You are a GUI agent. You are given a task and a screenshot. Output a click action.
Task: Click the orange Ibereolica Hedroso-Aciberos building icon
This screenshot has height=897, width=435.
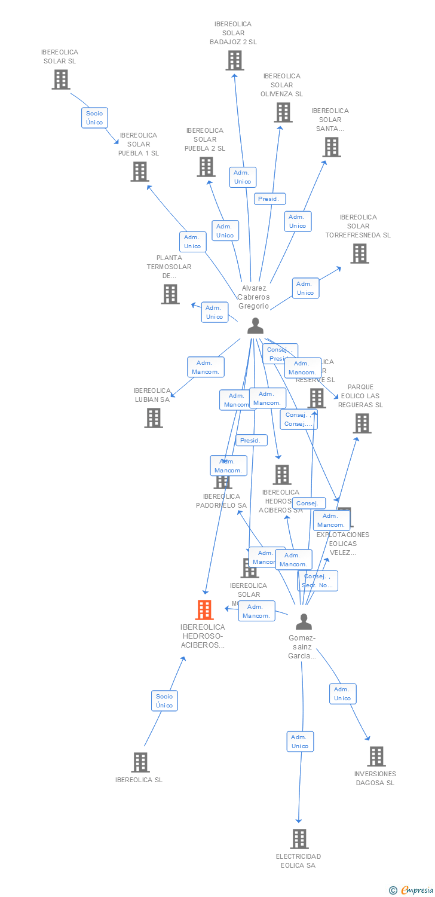click(x=204, y=610)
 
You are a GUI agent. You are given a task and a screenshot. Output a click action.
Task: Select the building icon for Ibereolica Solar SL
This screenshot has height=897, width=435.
click(x=60, y=80)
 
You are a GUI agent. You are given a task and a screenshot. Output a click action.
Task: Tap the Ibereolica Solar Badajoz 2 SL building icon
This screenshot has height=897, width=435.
click(x=234, y=60)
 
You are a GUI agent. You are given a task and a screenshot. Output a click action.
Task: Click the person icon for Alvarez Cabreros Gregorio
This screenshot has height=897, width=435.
click(x=255, y=326)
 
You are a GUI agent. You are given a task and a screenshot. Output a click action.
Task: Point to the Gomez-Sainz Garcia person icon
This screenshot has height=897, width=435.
click(x=304, y=622)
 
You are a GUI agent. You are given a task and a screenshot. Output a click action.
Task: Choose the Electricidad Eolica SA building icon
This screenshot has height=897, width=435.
click(x=299, y=838)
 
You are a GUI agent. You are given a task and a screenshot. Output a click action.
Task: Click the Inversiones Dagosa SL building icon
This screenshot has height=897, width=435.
click(x=376, y=756)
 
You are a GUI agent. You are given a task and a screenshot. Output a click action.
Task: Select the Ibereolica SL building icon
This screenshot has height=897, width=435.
click(x=140, y=762)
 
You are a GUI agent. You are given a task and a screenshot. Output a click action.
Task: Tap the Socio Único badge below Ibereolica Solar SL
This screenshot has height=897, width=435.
click(x=94, y=118)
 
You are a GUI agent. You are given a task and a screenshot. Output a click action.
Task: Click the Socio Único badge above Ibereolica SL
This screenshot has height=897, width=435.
click(x=164, y=701)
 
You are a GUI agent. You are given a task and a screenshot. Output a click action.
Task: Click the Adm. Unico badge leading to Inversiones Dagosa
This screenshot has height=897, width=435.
click(x=342, y=694)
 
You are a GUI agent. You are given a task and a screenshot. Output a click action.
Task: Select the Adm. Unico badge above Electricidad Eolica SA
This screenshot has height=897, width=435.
click(x=300, y=742)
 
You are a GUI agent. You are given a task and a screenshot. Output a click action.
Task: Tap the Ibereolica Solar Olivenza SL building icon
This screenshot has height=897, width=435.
click(x=283, y=112)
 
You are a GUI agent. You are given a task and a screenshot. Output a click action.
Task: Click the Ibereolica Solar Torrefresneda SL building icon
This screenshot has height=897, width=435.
click(x=359, y=254)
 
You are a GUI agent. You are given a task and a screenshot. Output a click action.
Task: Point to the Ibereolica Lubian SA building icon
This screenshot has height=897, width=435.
click(x=154, y=418)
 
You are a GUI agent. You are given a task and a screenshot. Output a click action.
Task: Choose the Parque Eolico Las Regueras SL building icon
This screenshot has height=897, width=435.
click(x=362, y=423)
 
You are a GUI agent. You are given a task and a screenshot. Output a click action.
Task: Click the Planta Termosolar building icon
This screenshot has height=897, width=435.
click(x=170, y=294)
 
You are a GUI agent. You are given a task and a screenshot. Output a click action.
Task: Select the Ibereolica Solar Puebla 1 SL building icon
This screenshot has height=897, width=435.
click(x=139, y=172)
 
